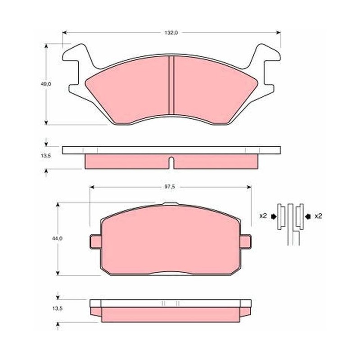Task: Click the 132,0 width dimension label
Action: coord(171,32)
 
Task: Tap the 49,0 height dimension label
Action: coord(46,84)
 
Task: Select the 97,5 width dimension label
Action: coord(170,187)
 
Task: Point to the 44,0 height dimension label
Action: coord(57,238)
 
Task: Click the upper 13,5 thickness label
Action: coord(46,156)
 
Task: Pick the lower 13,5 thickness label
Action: coord(57,309)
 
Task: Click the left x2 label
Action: coord(263,216)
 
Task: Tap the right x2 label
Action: coord(318,216)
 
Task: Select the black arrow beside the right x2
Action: coord(308,216)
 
